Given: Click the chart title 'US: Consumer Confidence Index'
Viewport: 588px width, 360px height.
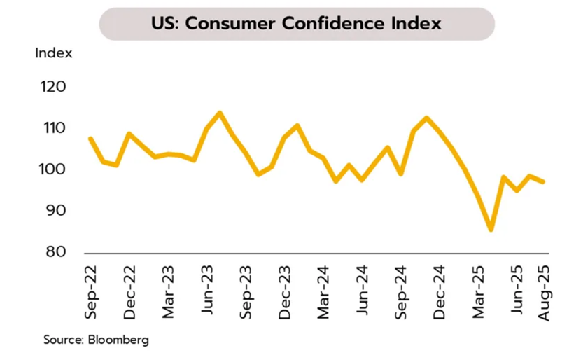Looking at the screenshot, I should pos(296,24).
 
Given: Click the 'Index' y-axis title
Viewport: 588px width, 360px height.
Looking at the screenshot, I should pos(54,53).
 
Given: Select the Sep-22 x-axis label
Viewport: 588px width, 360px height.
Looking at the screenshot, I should pos(91,292).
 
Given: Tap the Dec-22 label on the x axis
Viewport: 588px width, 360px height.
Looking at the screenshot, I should pos(129,292).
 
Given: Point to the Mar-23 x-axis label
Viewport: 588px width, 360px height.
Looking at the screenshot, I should pos(168,292).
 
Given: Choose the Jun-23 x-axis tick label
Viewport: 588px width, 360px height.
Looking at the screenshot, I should pos(207,292).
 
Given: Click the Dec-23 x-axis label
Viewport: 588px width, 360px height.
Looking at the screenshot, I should pos(284,292).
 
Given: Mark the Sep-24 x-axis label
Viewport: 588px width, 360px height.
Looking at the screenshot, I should pos(400,292).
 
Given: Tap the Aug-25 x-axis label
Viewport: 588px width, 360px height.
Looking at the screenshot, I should pos(543,292).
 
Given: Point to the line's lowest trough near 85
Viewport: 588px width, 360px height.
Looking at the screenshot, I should pos(491,229).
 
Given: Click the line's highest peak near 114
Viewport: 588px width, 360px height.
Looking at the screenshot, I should pos(220,113).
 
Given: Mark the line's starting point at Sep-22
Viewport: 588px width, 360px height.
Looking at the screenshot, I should pos(91,139).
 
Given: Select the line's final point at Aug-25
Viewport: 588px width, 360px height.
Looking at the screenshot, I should pos(543,182).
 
